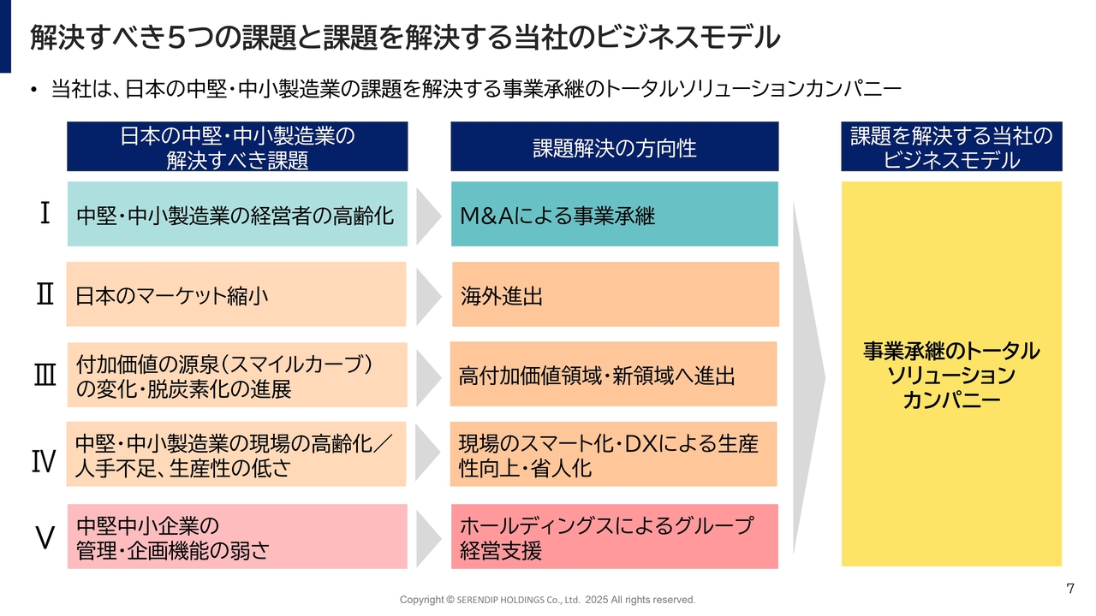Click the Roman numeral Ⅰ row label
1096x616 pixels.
(x=45, y=213)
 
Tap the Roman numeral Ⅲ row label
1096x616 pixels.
(x=45, y=376)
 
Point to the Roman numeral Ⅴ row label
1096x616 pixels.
(x=45, y=537)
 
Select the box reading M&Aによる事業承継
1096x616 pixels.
(x=615, y=214)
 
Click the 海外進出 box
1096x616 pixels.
(x=616, y=294)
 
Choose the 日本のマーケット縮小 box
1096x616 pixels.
(x=236, y=294)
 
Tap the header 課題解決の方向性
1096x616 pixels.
(x=615, y=146)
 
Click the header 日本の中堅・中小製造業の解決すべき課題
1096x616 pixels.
(x=237, y=146)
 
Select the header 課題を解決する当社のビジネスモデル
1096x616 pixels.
(x=951, y=146)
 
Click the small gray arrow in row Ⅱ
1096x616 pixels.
(x=428, y=297)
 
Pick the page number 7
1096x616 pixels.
(x=1070, y=588)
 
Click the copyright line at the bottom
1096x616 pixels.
(x=547, y=600)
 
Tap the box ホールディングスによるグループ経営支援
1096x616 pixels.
(x=615, y=536)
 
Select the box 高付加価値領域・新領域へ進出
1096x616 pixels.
(x=614, y=374)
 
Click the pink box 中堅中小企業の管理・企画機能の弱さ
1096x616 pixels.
(x=237, y=536)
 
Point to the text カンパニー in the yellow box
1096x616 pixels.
(x=951, y=400)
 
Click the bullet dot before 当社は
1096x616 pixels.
(x=33, y=90)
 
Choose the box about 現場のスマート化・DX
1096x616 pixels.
(x=614, y=454)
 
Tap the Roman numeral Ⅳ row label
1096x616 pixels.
(x=44, y=461)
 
